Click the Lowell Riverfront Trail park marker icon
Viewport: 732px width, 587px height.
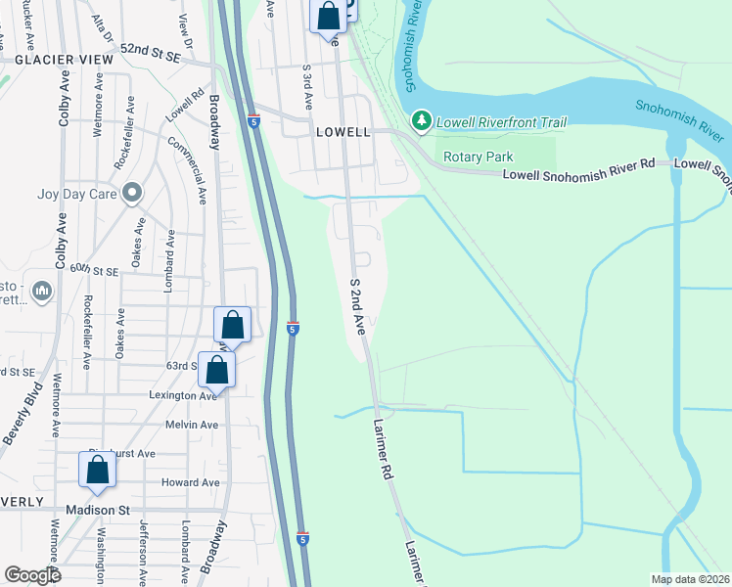pyautogui.click(x=422, y=121)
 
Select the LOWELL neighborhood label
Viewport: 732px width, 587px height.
pyautogui.click(x=342, y=131)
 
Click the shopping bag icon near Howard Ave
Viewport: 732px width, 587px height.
pyautogui.click(x=98, y=471)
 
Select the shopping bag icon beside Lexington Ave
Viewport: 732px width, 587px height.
pyautogui.click(x=216, y=371)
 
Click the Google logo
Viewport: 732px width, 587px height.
pyautogui.click(x=32, y=575)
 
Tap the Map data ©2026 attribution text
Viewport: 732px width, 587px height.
pyautogui.click(x=689, y=579)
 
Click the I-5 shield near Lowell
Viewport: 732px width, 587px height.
pyautogui.click(x=253, y=121)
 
